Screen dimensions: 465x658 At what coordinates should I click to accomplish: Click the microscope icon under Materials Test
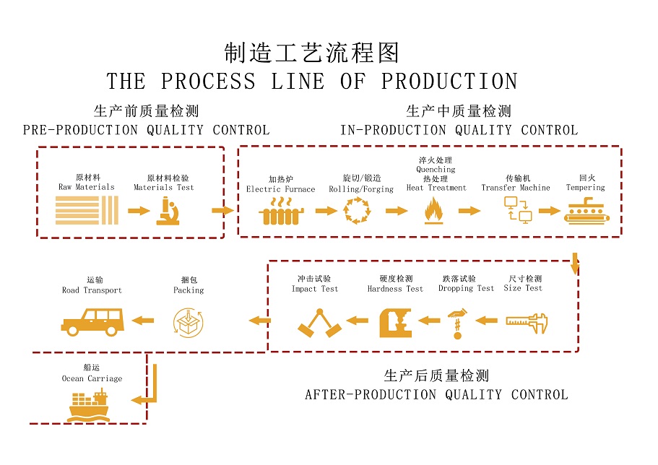168,212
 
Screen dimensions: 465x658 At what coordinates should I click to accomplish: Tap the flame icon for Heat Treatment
434,212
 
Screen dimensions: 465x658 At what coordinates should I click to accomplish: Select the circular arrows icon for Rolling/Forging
356,211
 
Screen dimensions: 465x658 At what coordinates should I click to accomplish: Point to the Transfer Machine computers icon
517,210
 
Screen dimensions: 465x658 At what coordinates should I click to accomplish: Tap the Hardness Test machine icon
395,322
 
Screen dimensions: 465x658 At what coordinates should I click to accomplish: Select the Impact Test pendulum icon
319,323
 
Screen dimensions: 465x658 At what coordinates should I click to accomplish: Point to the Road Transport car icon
92,321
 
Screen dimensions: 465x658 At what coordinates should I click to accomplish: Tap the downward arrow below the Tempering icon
575,264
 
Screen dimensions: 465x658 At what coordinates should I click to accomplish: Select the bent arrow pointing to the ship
144,394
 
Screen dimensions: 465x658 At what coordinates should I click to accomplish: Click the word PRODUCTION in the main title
449,81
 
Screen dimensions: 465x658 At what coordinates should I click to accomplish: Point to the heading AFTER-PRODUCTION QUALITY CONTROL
436,395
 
